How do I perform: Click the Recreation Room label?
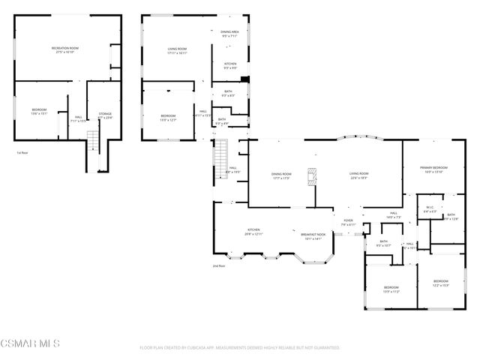(65, 49)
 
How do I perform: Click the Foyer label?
(347, 222)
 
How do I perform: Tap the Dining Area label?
(229, 34)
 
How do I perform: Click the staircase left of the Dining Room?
(220, 155)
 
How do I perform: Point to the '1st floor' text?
(22, 153)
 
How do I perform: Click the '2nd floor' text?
(219, 265)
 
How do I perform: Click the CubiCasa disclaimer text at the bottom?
(240, 348)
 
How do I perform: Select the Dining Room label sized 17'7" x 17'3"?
(282, 175)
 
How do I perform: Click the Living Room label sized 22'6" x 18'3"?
(358, 175)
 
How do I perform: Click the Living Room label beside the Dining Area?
(177, 51)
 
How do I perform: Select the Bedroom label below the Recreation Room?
(39, 112)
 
